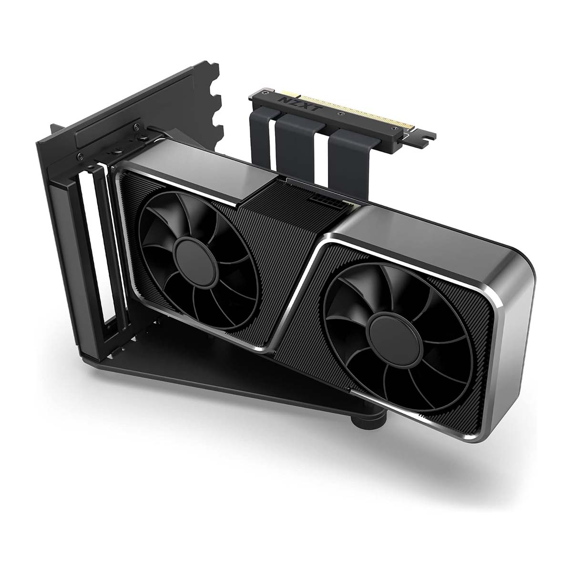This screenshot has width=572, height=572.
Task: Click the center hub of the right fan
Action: tap(395, 340)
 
